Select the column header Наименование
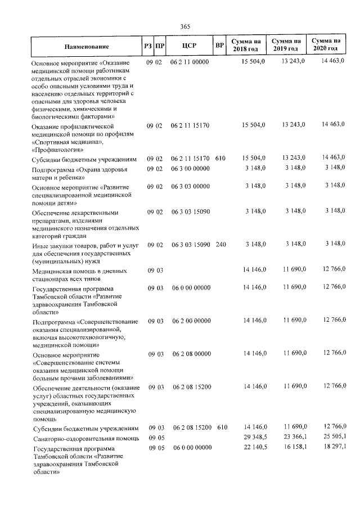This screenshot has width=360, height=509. tap(86, 46)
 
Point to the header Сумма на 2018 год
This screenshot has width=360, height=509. tap(249, 46)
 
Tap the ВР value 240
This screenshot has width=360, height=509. tap(222, 245)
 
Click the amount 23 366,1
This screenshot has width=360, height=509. tap(293, 436)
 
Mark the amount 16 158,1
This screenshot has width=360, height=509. tap(293, 447)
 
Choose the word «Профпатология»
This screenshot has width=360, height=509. tap(58, 150)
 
